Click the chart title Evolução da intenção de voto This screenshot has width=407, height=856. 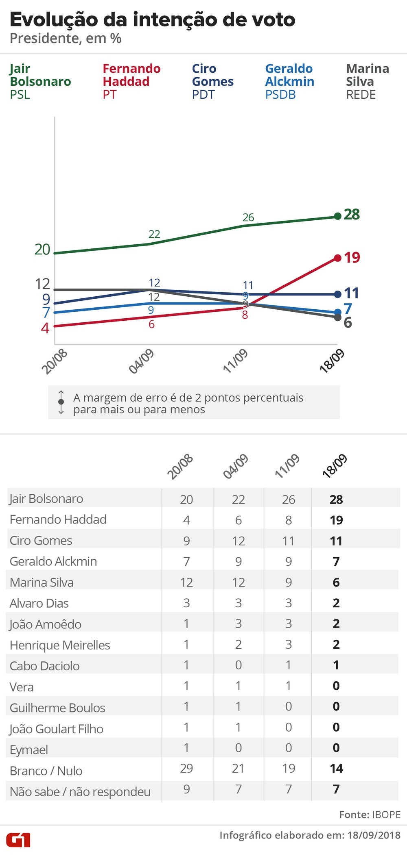(152, 20)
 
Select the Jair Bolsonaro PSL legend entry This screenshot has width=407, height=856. (40, 81)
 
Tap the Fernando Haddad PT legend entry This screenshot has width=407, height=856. (131, 81)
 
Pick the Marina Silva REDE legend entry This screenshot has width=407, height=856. (367, 81)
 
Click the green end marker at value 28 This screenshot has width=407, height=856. (337, 216)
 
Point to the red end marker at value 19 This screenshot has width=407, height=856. (337, 258)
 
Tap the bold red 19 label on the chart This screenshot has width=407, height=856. (352, 258)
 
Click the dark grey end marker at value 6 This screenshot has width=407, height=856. (337, 317)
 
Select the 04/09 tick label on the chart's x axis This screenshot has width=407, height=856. (142, 361)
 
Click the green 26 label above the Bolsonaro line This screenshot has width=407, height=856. (248, 217)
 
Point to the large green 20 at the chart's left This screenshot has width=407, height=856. (42, 249)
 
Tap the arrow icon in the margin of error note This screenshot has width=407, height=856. (61, 402)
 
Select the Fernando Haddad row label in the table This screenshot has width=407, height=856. (58, 519)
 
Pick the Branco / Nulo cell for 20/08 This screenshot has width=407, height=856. (186, 768)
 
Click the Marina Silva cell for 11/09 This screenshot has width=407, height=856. (288, 582)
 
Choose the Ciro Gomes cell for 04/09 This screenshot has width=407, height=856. (238, 541)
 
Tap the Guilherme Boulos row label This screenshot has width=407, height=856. (57, 708)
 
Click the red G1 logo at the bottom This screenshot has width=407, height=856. (18, 840)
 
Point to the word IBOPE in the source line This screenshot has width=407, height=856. (386, 815)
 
